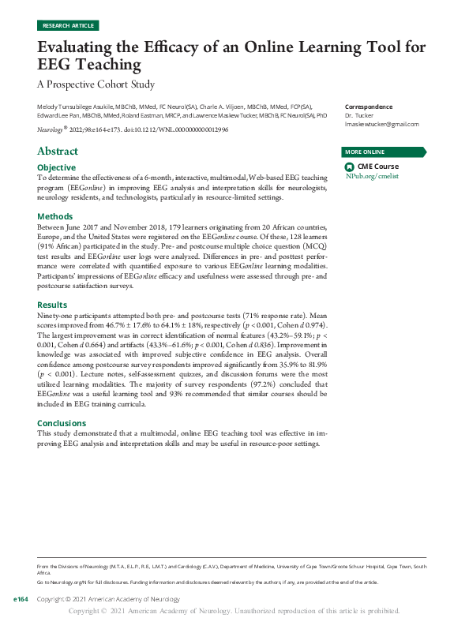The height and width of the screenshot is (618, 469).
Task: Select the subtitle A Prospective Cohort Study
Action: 96,84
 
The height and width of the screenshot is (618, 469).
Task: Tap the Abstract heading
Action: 58,151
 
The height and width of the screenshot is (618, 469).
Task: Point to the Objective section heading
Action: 57,167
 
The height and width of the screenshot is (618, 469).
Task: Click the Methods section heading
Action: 55,216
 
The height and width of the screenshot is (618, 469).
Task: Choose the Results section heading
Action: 53,305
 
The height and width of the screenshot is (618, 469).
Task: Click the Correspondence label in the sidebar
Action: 369,107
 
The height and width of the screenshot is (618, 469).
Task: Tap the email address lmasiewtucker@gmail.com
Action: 382,125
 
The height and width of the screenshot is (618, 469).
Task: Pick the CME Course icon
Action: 350,167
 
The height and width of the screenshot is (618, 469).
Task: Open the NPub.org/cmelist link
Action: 372,176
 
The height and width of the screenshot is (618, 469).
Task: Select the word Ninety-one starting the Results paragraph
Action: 54,316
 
